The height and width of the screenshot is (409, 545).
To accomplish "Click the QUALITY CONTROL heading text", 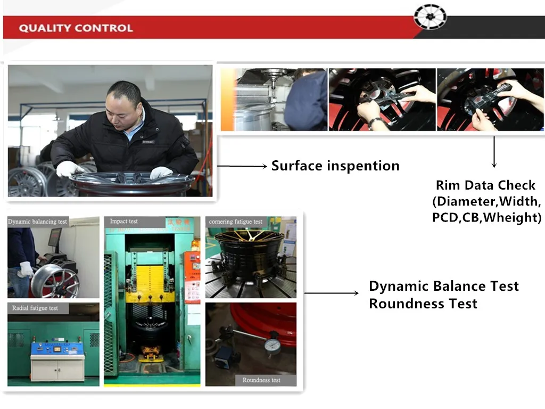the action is tap(76, 28).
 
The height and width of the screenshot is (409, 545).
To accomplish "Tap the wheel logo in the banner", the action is tap(430, 17).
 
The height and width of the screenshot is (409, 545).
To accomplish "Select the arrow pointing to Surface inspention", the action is tap(242, 166).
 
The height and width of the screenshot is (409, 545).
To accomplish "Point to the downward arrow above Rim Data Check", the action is tap(494, 152).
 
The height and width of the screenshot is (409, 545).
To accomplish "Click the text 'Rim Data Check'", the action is tap(485, 185).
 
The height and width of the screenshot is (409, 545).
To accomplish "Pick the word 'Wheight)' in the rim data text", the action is tap(513, 217).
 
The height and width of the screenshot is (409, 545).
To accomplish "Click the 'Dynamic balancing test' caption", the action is tap(38, 222).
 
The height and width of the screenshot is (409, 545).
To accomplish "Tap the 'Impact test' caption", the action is tap(123, 221).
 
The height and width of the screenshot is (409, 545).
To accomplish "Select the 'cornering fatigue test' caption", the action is tap(236, 222).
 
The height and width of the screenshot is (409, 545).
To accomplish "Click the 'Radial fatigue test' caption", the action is tap(35, 308).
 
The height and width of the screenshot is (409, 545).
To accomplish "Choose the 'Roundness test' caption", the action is tap(261, 380).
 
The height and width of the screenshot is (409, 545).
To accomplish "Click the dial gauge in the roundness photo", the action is tap(272, 345).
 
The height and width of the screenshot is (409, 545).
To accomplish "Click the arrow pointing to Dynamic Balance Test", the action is tap(332, 293).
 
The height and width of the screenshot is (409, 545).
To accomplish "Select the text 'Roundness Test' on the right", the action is tap(423, 304).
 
